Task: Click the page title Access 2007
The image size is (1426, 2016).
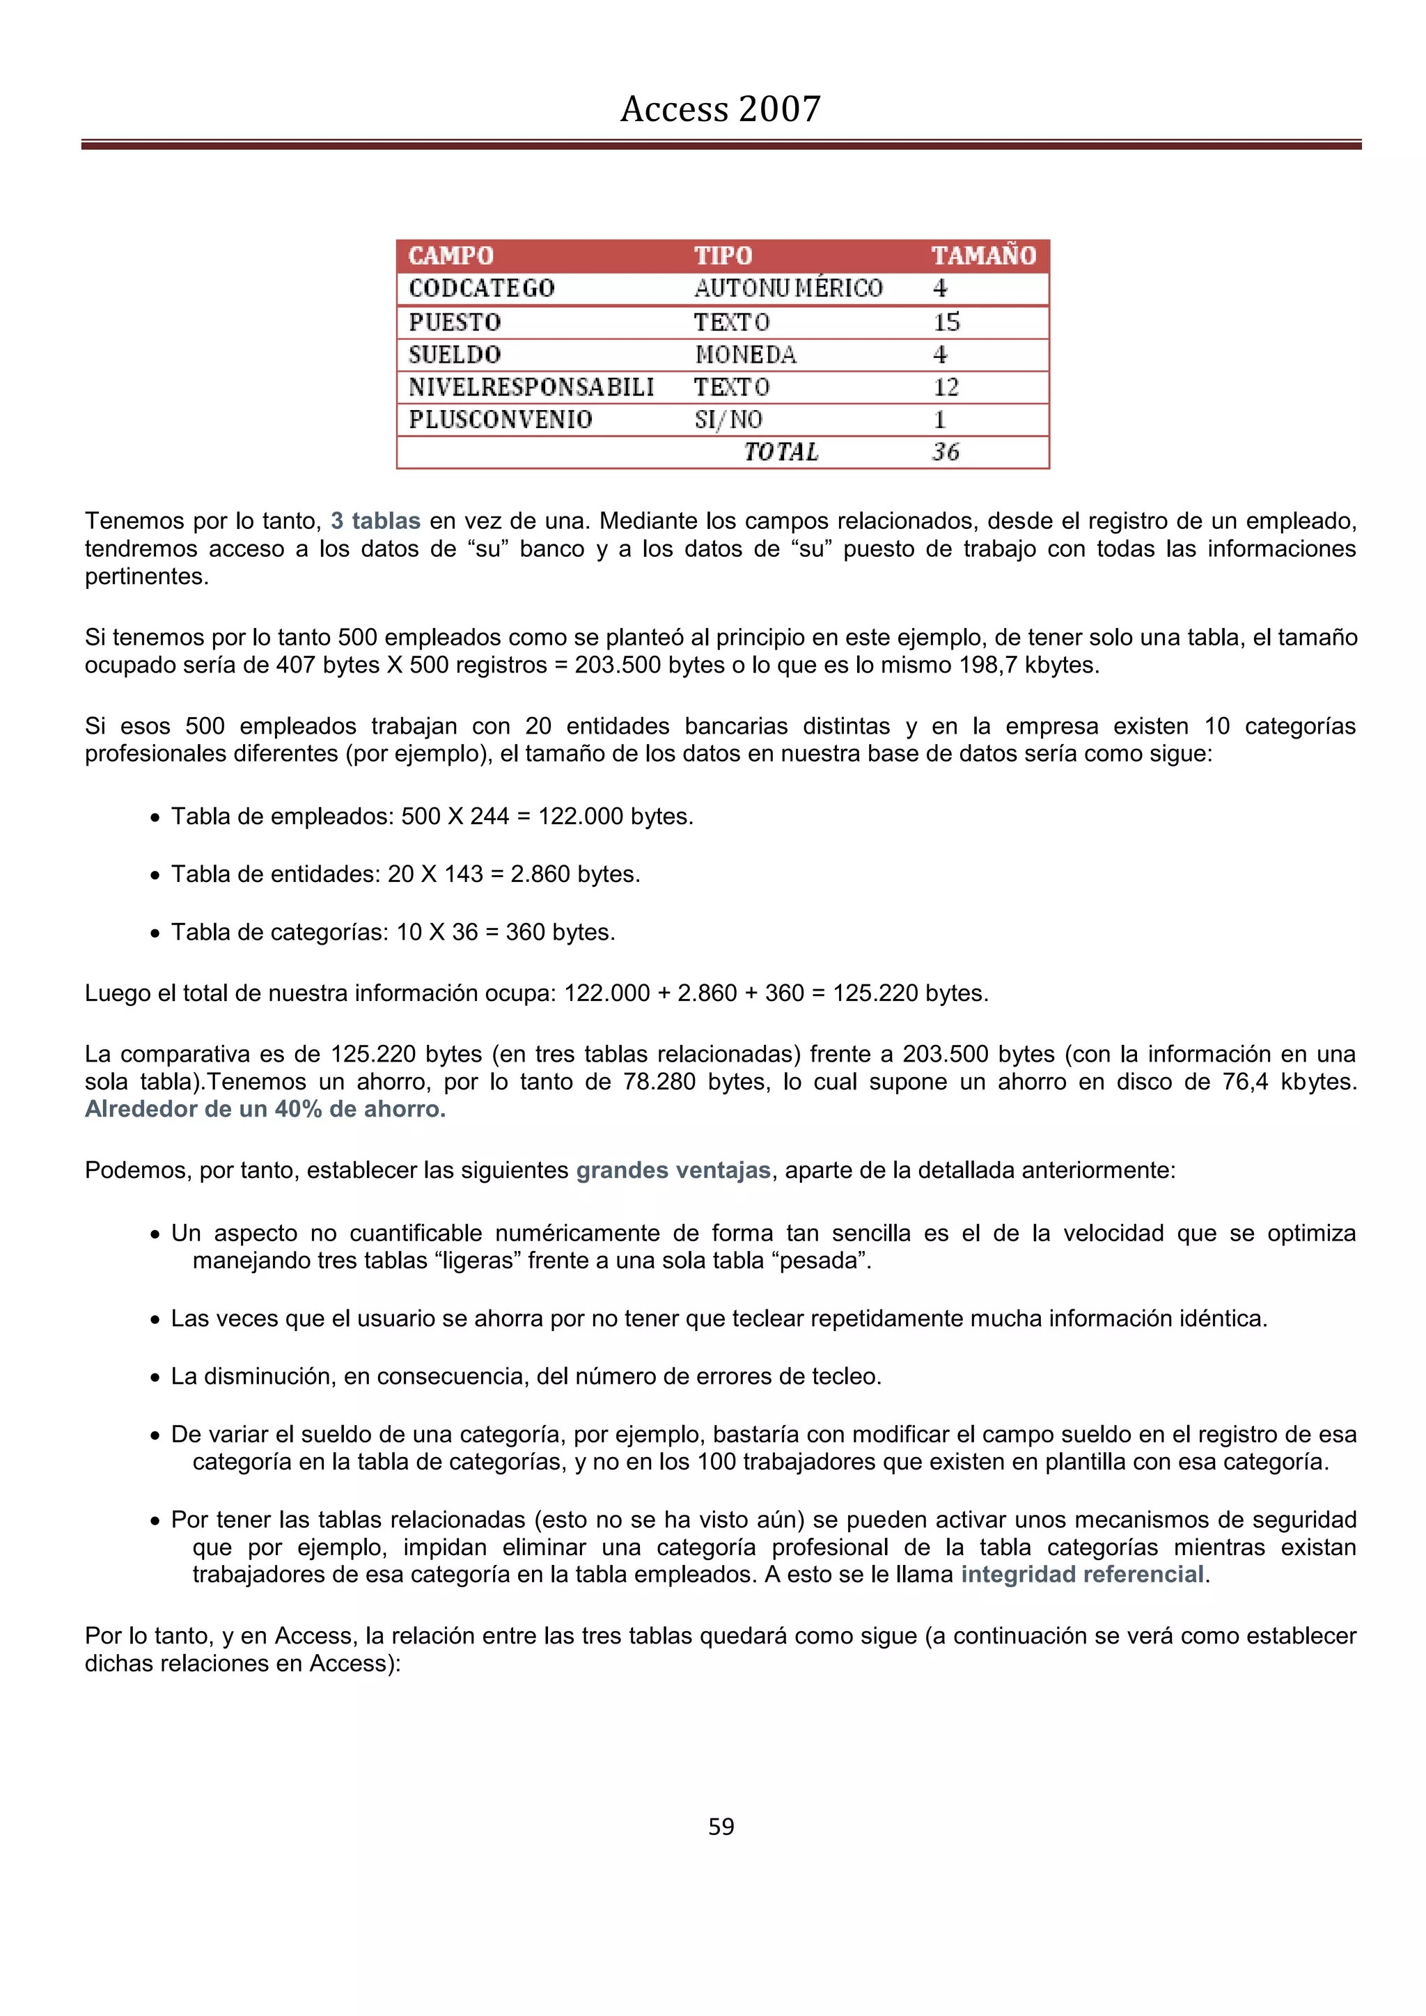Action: (720, 109)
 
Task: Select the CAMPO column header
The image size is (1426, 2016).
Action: (450, 255)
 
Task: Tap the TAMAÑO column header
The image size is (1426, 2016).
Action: (983, 255)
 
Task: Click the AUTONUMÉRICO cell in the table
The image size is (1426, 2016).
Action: (788, 288)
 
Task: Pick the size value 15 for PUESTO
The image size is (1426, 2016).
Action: (946, 322)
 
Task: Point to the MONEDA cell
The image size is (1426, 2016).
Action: (746, 355)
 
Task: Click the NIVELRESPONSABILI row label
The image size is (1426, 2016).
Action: (531, 387)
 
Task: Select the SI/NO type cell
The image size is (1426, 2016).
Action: (728, 420)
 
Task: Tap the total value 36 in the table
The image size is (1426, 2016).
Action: (946, 452)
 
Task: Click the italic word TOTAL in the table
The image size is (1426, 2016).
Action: (781, 452)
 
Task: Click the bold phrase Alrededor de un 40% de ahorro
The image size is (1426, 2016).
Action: (265, 1109)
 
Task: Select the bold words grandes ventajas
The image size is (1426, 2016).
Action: (673, 1170)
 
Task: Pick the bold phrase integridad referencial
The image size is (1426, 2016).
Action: (1082, 1575)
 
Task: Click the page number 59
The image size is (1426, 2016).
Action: (721, 1827)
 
